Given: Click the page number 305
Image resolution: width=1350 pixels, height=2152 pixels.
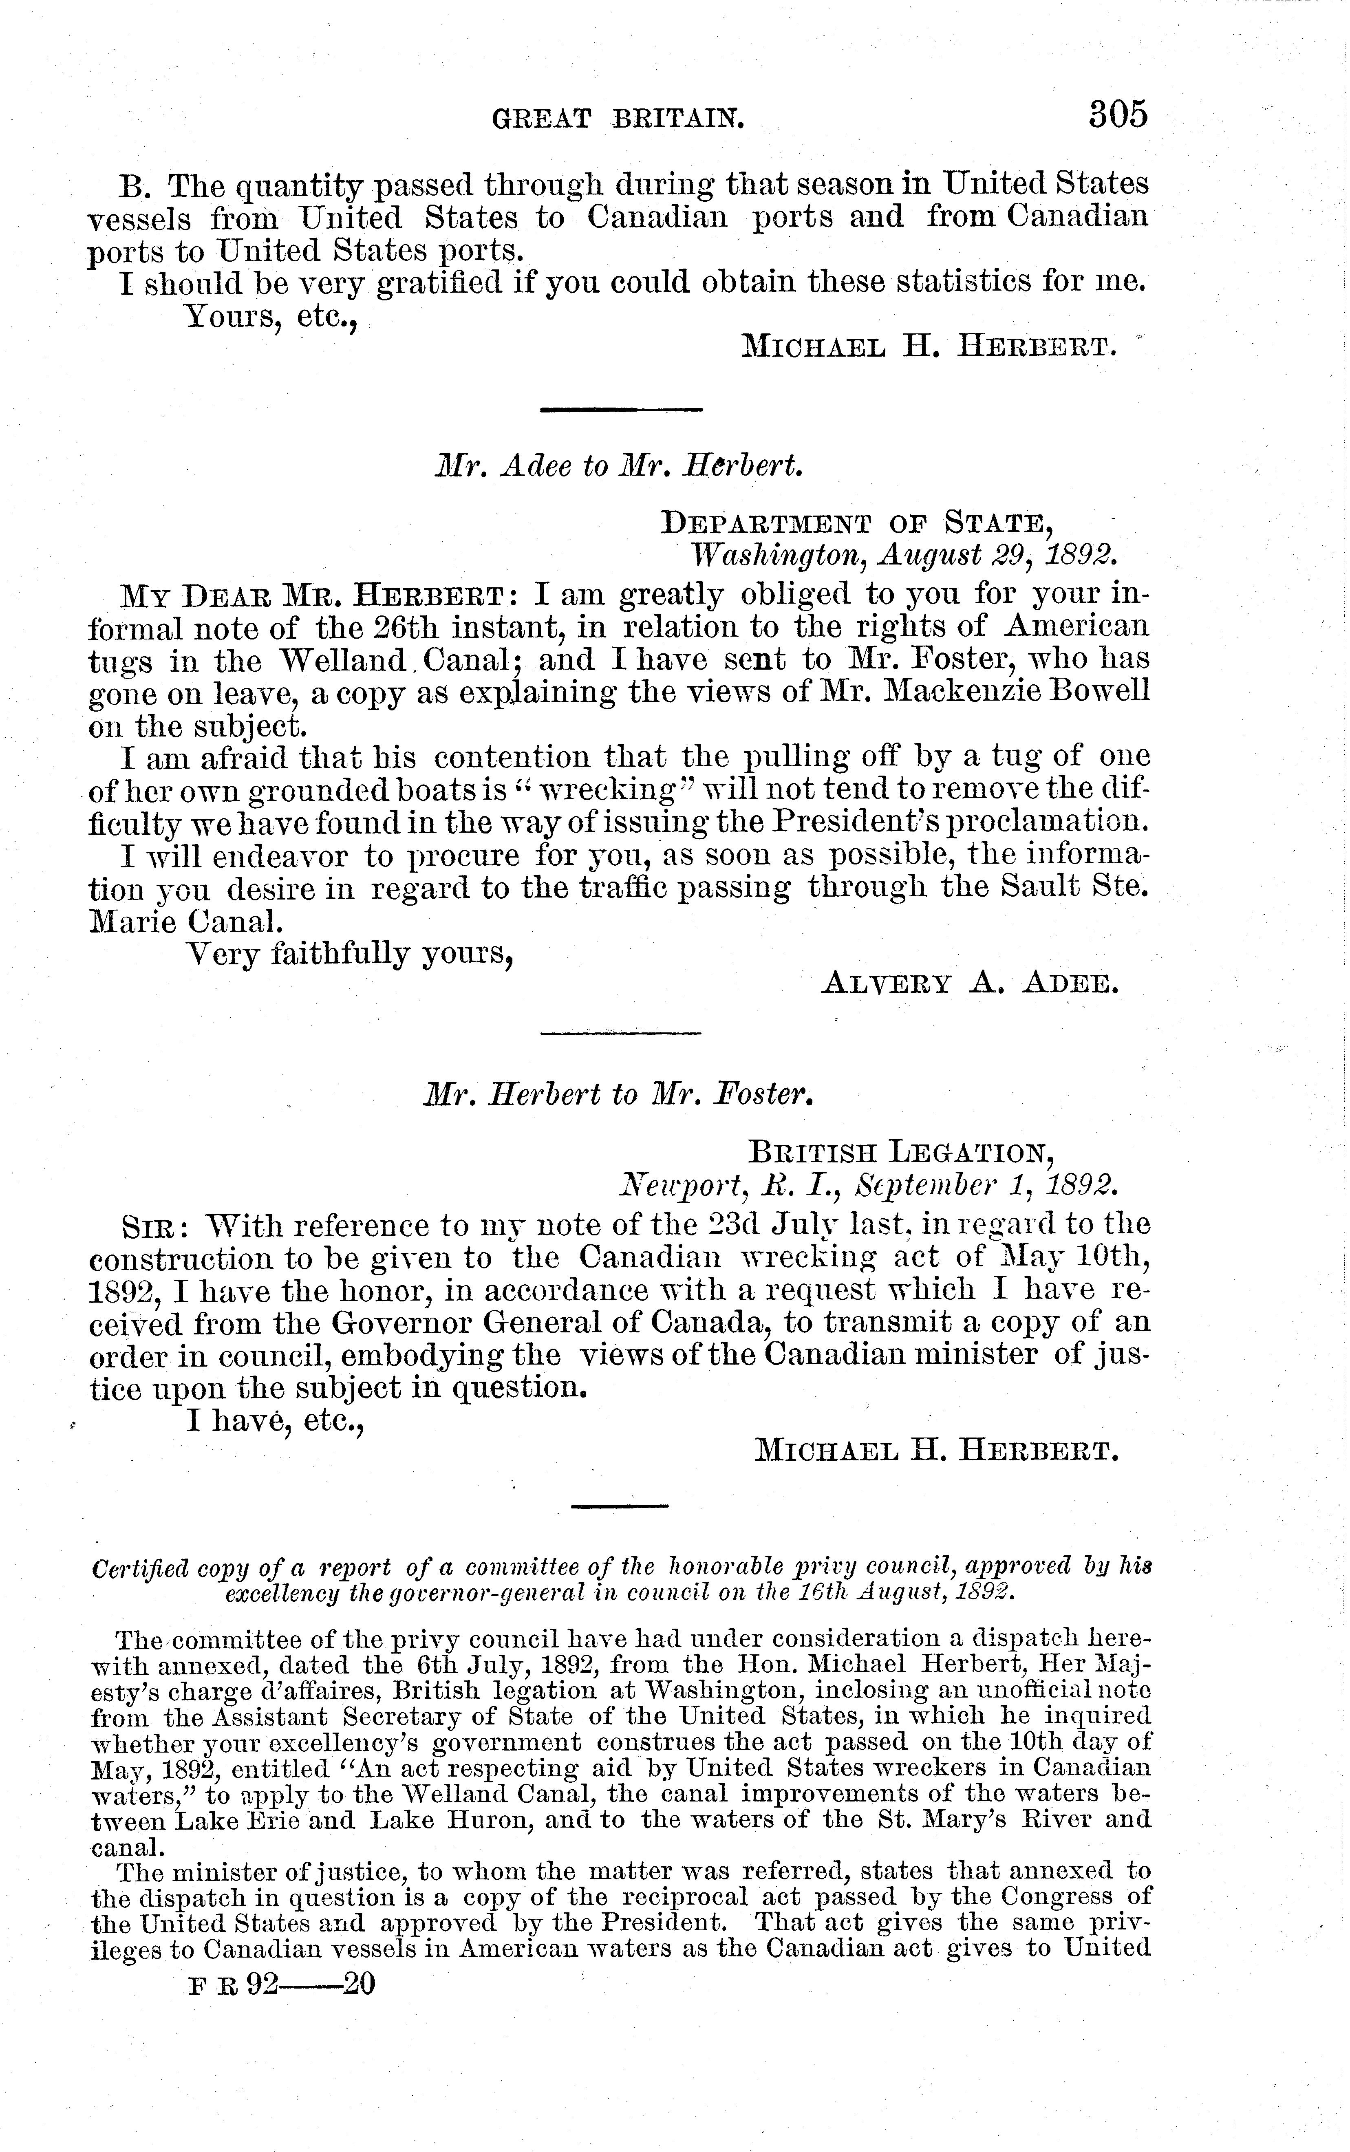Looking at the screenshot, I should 1117,115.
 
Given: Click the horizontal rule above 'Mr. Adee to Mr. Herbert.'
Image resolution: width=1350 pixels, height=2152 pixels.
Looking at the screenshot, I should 622,410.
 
